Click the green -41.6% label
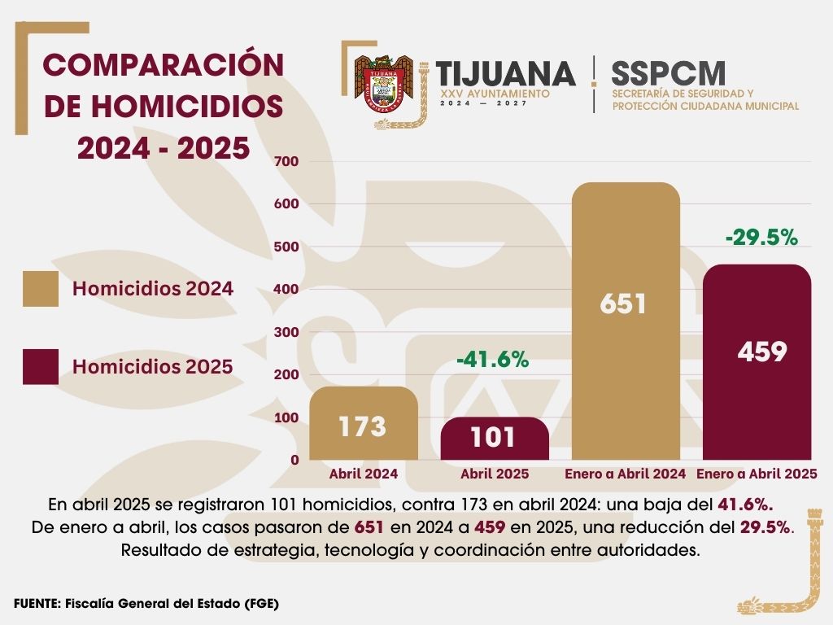[493, 359]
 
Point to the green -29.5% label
[761, 238]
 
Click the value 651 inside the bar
[623, 304]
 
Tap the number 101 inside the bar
[493, 437]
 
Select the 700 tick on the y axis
[290, 161]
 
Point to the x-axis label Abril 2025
[495, 474]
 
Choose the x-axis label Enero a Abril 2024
[625, 474]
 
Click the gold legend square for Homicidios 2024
[41, 289]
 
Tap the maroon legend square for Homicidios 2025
[41, 367]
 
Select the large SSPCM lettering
[668, 74]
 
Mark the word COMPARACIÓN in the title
[164, 65]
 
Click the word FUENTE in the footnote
[37, 604]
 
